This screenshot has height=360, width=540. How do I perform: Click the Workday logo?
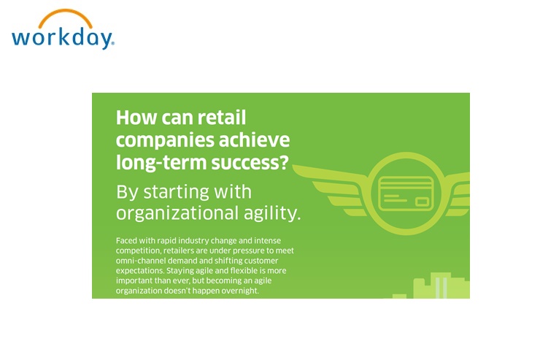(63, 29)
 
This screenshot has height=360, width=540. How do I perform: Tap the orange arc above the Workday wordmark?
(66, 13)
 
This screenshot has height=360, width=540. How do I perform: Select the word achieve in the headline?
(254, 140)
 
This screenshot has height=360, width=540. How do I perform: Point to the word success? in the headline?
(250, 163)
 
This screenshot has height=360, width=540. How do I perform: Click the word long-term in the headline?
(161, 163)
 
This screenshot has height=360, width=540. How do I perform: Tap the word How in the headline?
(136, 118)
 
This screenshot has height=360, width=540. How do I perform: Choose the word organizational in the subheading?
(177, 213)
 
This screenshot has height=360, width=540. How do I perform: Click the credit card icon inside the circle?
(406, 194)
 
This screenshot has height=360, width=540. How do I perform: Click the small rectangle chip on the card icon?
(422, 202)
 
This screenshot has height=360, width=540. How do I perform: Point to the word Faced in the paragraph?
(126, 240)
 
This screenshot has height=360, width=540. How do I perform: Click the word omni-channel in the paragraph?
(141, 261)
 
